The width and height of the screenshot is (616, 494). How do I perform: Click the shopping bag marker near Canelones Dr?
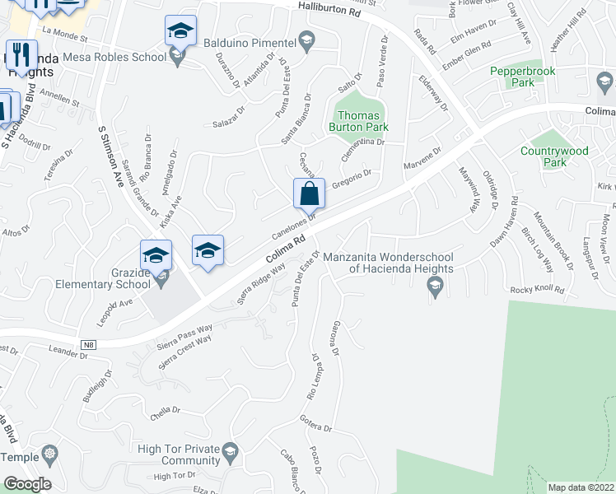309,195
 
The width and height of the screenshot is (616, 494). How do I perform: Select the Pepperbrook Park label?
524,77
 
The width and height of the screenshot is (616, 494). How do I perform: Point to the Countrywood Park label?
555,156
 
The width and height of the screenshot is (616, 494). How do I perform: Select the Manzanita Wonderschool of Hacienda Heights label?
390,262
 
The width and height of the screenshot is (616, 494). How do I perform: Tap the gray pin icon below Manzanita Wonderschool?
434,286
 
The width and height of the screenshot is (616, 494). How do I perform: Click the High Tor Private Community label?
178,454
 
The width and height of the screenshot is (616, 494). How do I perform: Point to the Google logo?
27,484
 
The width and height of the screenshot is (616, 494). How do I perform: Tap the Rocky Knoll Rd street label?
537,290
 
